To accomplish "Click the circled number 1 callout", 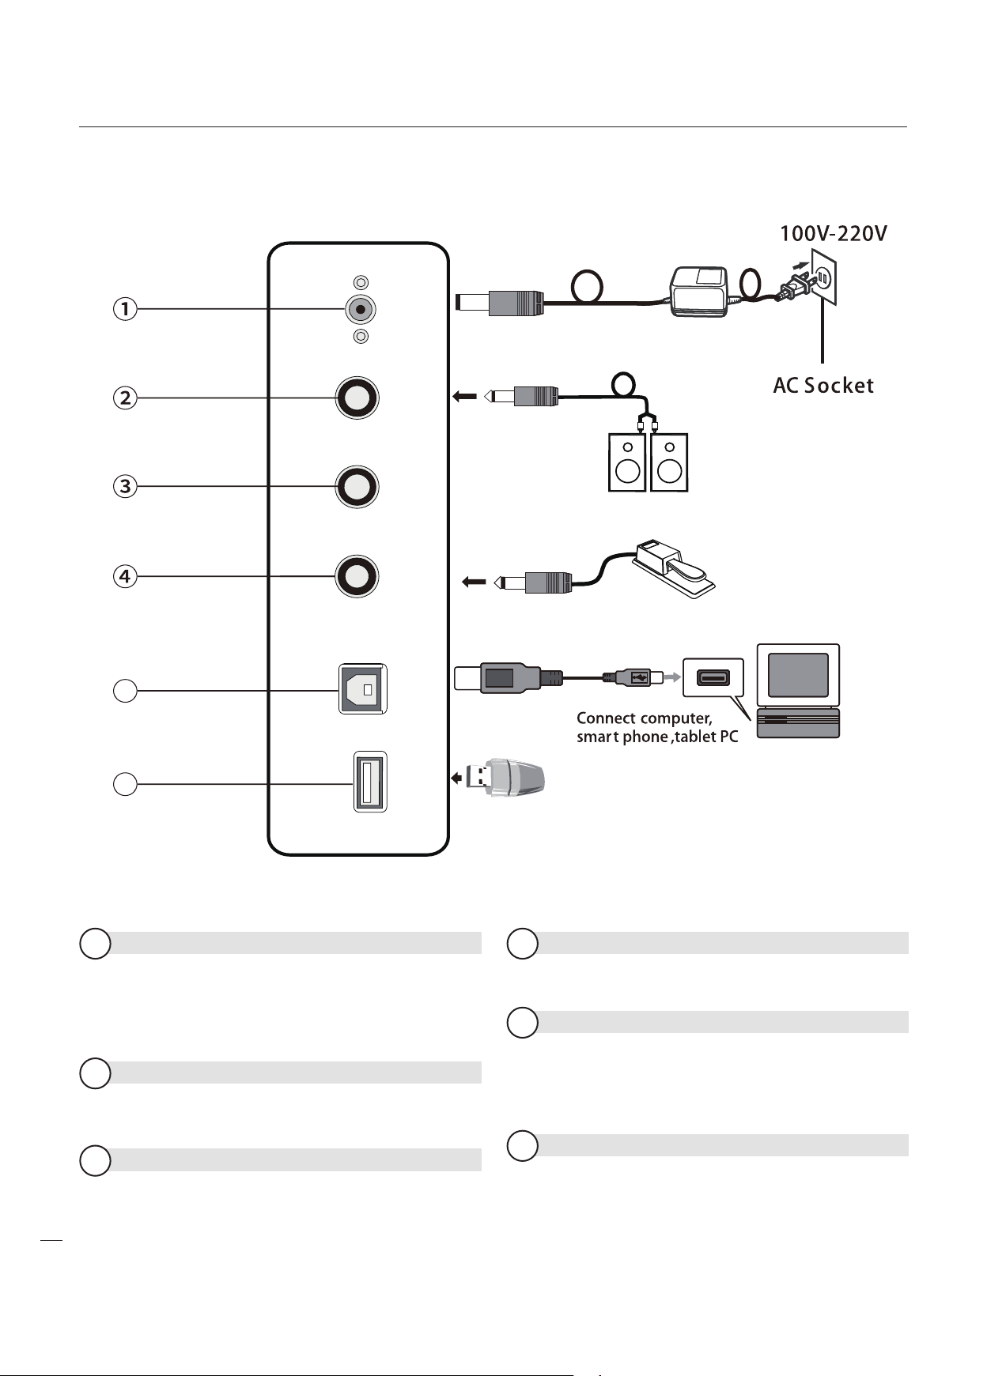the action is click(125, 308).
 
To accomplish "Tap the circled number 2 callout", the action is click(125, 397).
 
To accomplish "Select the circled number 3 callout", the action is click(125, 486).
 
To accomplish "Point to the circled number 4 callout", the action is click(125, 576).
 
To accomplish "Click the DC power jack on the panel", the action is click(361, 309).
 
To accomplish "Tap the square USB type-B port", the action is click(363, 689).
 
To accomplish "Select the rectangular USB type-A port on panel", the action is click(369, 782).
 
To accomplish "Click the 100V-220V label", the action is click(834, 234).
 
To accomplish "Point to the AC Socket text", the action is click(823, 386).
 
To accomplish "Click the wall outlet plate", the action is click(824, 277).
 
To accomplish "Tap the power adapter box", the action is click(698, 292).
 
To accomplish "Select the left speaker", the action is click(627, 462).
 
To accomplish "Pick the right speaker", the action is click(669, 462).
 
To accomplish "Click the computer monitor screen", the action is click(798, 675).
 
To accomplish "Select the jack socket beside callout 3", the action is click(357, 486).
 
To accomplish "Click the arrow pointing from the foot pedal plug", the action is click(474, 583).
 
